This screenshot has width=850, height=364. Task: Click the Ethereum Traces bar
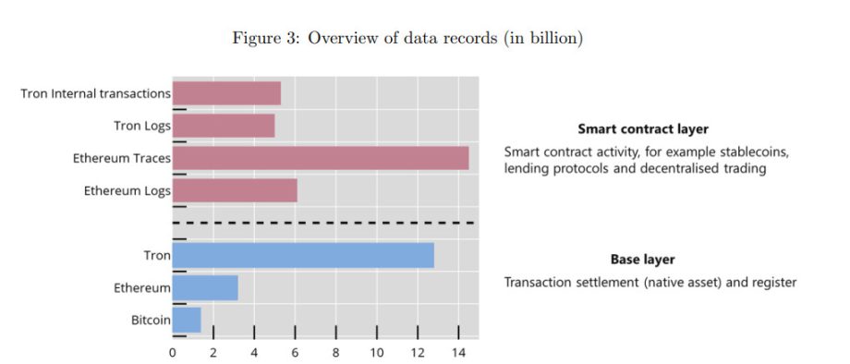tap(321, 158)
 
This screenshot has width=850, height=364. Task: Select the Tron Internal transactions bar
tap(226, 93)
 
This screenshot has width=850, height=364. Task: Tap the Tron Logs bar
tap(224, 126)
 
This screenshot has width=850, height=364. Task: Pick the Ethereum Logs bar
tap(235, 190)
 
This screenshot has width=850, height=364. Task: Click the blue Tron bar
tap(303, 255)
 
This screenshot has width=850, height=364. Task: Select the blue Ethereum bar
tap(205, 287)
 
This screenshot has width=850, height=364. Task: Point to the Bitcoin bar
tap(187, 321)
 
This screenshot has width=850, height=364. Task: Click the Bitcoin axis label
tap(151, 321)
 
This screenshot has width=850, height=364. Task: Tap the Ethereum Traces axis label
tap(122, 159)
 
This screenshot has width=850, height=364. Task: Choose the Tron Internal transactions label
tap(95, 93)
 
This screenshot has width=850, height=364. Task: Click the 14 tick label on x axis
tap(458, 353)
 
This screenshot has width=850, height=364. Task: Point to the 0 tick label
tap(173, 353)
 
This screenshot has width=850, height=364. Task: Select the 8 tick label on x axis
tap(336, 353)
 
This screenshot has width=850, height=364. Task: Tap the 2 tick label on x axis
tap(213, 353)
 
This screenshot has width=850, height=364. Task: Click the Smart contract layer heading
tap(643, 129)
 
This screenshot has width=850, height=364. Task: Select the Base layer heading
tap(643, 260)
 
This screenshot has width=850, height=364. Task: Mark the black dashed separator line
tap(323, 223)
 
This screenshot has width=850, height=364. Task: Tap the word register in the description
tap(775, 282)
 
